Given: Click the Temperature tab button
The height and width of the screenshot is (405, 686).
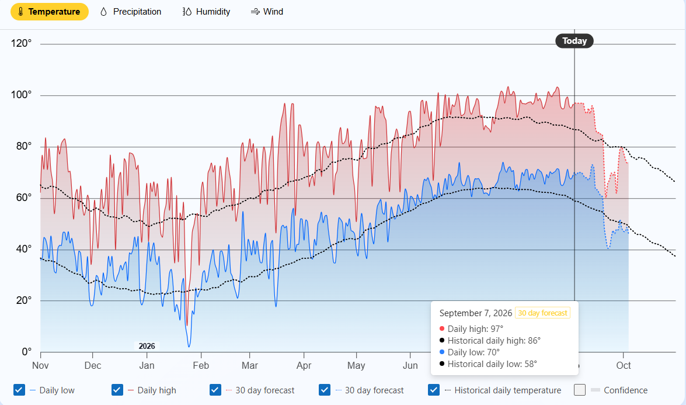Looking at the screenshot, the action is click(x=50, y=12).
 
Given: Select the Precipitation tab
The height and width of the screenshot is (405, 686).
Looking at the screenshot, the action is click(x=130, y=12).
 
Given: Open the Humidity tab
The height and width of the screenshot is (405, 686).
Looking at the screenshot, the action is click(x=206, y=12).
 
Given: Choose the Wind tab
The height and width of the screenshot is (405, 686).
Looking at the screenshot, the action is click(x=267, y=12).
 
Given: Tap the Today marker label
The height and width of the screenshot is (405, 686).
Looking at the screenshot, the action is click(x=574, y=41).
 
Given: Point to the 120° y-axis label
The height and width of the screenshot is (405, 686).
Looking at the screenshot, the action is click(x=22, y=43).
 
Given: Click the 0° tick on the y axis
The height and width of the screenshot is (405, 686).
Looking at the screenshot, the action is click(x=27, y=352).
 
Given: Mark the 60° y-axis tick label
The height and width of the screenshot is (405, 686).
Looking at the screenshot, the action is click(x=24, y=198).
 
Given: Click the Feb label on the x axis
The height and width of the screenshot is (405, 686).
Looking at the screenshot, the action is click(x=201, y=366).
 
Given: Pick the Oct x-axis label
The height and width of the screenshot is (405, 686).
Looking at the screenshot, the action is click(x=624, y=366).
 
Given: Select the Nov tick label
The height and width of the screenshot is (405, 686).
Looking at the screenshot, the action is click(x=40, y=366).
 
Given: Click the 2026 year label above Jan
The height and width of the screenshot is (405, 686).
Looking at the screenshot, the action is click(x=147, y=347).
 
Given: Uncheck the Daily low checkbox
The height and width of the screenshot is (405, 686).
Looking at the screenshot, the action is click(x=19, y=390).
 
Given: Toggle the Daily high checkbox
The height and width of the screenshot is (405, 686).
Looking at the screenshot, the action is click(x=117, y=390).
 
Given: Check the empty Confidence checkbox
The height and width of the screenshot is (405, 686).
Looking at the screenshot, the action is click(x=580, y=390).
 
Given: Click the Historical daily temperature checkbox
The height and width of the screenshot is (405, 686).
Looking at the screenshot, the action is click(x=434, y=390).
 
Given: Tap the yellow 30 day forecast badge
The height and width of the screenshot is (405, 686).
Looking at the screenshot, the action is click(x=542, y=313).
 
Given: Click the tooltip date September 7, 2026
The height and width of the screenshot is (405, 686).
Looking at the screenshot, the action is click(x=476, y=313).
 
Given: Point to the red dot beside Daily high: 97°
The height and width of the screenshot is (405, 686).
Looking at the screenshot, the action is click(x=442, y=329).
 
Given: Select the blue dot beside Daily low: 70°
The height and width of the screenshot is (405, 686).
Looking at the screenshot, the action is click(x=442, y=352).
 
